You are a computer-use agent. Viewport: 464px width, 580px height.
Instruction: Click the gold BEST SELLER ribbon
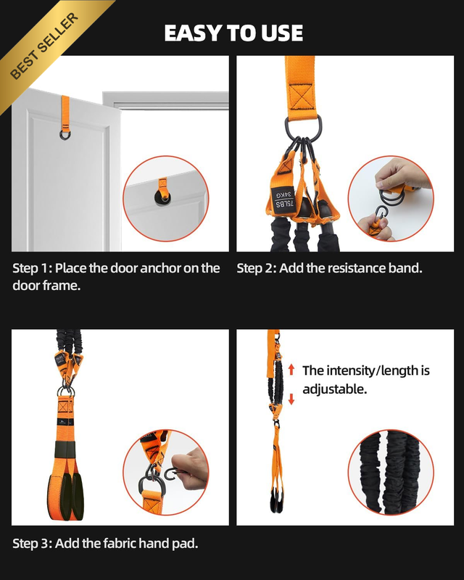tap(44, 46)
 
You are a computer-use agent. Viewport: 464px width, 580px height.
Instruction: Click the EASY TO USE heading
tap(233, 33)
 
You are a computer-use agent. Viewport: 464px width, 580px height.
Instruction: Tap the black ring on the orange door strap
tap(65, 133)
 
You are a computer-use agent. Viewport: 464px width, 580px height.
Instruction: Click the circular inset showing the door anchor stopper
tap(166, 199)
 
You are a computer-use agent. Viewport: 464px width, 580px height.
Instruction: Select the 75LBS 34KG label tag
tap(283, 199)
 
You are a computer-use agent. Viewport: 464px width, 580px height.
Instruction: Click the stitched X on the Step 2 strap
tap(301, 97)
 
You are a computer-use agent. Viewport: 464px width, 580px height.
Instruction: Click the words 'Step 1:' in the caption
tap(32, 268)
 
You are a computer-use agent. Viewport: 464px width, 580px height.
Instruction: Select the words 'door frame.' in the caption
tap(46, 285)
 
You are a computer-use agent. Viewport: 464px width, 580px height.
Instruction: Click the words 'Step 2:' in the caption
tap(257, 268)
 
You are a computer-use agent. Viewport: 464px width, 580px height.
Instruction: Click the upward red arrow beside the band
tap(291, 370)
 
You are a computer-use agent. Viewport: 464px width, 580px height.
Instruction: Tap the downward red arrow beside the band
tap(291, 399)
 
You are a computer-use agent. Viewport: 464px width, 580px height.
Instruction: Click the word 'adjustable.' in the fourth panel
tap(334, 389)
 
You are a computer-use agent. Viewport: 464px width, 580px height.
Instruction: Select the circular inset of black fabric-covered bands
tap(391, 473)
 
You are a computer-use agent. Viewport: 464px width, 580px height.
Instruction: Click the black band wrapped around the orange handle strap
tap(65, 449)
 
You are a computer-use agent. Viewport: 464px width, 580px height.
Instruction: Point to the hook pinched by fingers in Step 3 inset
tap(172, 474)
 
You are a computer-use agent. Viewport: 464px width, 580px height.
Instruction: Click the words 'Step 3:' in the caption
tap(32, 543)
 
